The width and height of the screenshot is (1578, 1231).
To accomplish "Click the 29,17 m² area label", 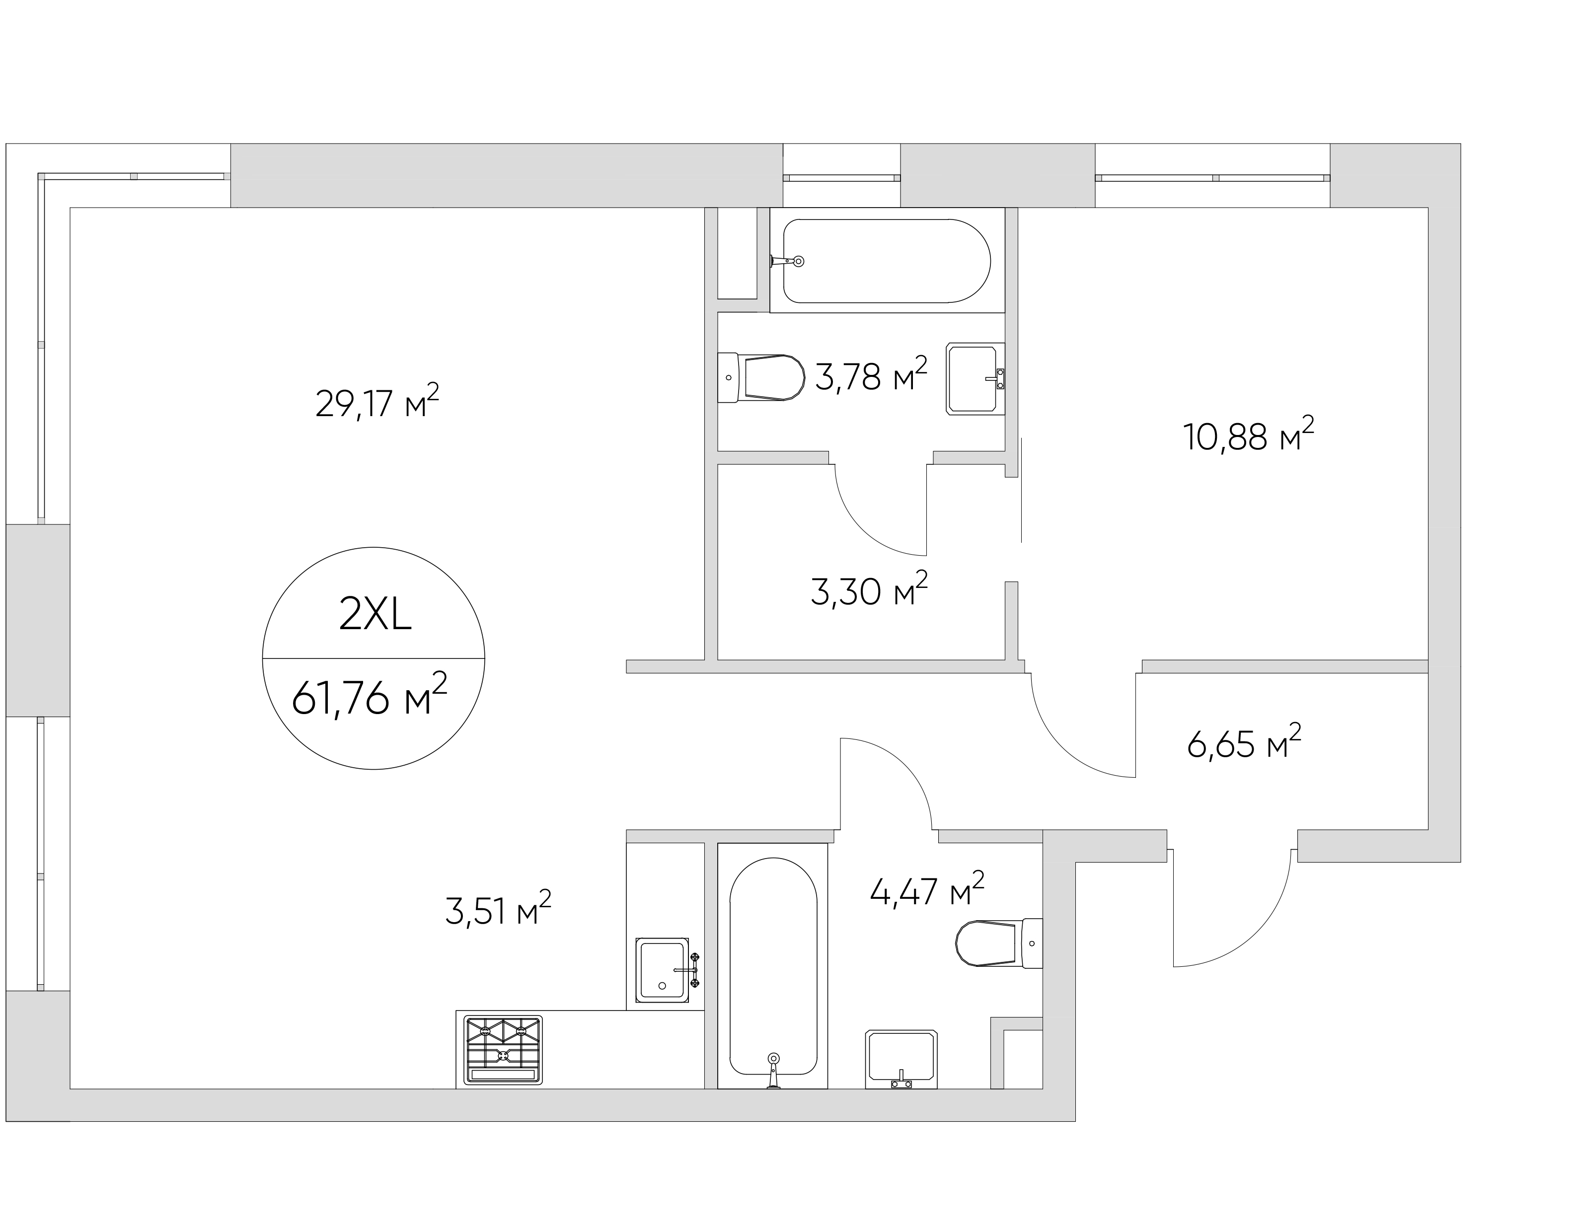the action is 377,402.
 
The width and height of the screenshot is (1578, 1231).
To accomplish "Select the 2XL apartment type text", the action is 375,616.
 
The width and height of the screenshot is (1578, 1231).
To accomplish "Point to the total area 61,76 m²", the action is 369,696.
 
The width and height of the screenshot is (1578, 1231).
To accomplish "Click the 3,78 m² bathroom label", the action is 871,375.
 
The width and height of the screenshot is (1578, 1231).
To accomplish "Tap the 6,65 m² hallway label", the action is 1244,742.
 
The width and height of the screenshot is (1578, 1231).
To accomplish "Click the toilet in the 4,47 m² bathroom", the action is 998,943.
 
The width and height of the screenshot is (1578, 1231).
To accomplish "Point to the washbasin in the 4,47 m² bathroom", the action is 901,1059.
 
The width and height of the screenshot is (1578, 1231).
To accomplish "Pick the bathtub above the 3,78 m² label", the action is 887,261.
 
